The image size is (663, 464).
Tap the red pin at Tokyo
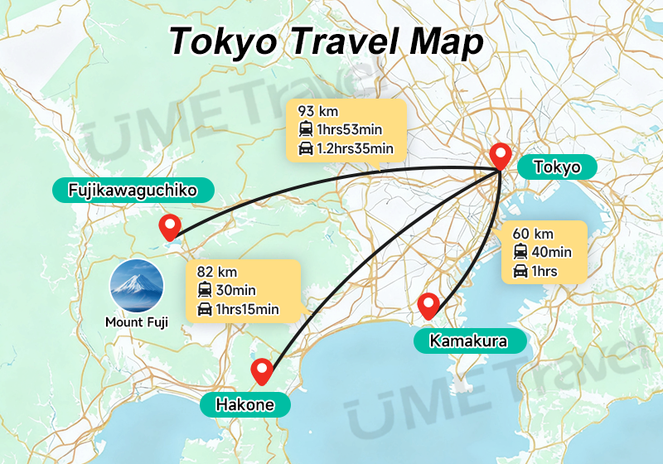pyautogui.click(x=500, y=155)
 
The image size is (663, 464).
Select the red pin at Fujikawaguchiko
pyautogui.click(x=170, y=225)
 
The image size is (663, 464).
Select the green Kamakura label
pyautogui.click(x=468, y=341)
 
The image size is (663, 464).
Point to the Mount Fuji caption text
pyautogui.click(x=137, y=322)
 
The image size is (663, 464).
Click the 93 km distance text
pyautogui.click(x=318, y=110)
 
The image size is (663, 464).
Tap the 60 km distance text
pyautogui.click(x=534, y=233)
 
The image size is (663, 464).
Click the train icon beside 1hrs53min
pyautogui.click(x=305, y=129)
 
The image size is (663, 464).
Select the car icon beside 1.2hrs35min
pyautogui.click(x=305, y=149)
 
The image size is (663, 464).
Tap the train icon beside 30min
pyautogui.click(x=205, y=291)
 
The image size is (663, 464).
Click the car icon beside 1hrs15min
pyautogui.click(x=205, y=311)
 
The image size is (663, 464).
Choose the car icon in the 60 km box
pyautogui.click(x=521, y=272)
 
